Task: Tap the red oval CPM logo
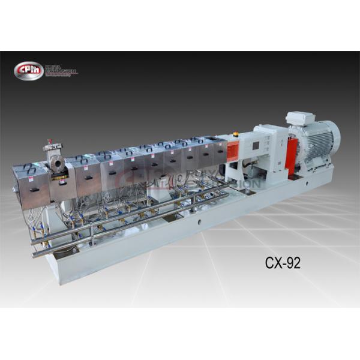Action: pos(28,70)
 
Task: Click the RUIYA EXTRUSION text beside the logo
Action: pos(60,70)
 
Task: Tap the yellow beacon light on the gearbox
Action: pos(235,134)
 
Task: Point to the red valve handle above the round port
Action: pos(49,146)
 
